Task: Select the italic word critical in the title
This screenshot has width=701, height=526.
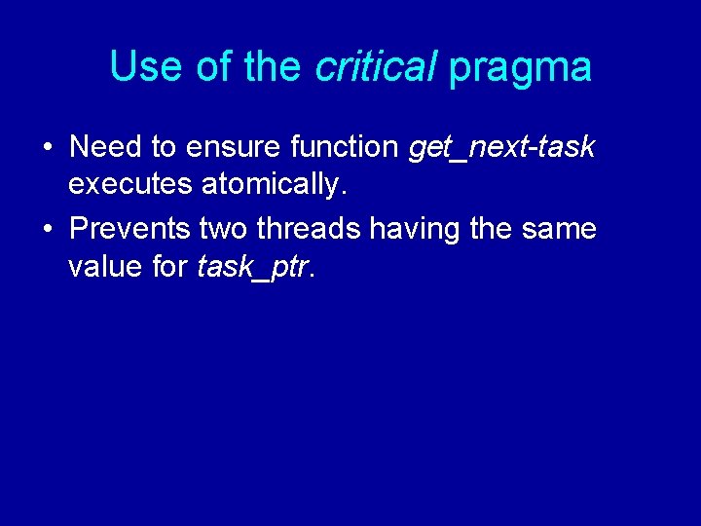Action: coord(376,67)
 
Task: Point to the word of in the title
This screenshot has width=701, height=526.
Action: coord(214,67)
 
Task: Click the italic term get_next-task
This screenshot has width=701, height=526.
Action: coord(502,148)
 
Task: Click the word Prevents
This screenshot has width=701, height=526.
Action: coord(130,229)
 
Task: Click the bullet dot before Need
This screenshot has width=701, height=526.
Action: coord(47,148)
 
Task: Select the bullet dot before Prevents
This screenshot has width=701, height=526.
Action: coord(47,230)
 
